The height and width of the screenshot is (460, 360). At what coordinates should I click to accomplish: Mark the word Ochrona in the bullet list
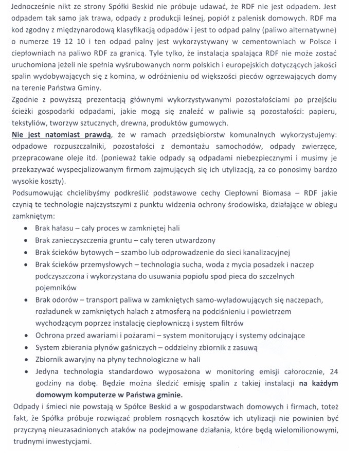pyautogui.click(x=51, y=335)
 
